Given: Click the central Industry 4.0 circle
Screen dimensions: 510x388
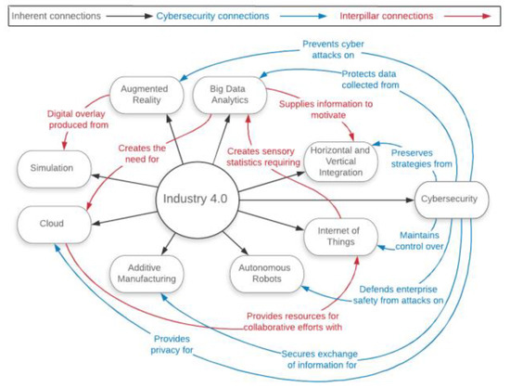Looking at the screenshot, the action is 197,200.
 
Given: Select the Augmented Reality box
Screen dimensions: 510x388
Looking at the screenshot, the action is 147,95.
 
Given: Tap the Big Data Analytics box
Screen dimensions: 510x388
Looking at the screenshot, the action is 230,95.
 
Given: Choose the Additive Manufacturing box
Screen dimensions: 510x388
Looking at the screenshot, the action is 147,274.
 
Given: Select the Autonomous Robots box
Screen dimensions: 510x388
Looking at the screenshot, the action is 267,274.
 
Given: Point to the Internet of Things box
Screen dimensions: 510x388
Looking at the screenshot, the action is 340,237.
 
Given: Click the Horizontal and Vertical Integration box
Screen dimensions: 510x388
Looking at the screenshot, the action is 340,162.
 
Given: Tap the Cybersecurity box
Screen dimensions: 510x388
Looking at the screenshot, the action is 452,200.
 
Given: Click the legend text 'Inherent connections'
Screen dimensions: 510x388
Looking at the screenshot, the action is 56,16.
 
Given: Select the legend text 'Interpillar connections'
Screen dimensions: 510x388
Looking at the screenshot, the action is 387,16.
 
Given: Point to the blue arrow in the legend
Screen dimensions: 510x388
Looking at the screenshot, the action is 303,16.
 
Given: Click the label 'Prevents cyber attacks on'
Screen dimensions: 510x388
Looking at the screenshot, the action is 333,49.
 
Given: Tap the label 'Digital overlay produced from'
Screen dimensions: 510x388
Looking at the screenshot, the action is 78,120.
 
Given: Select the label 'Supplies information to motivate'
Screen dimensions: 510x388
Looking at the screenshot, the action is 325,110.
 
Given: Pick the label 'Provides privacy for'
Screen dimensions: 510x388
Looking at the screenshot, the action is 172,344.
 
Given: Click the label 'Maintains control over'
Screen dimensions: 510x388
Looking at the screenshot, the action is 419,240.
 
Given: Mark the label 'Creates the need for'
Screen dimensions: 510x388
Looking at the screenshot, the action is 142,154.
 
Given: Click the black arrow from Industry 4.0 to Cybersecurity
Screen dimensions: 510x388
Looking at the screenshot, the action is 326,200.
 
